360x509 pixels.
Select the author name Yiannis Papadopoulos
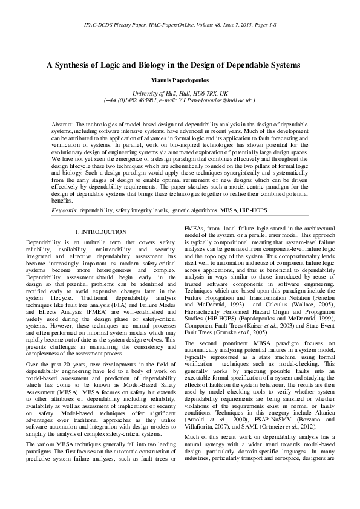pos(180,80)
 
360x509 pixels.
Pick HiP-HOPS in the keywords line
pos(235,210)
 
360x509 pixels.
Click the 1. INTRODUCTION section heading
pos(100,232)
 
